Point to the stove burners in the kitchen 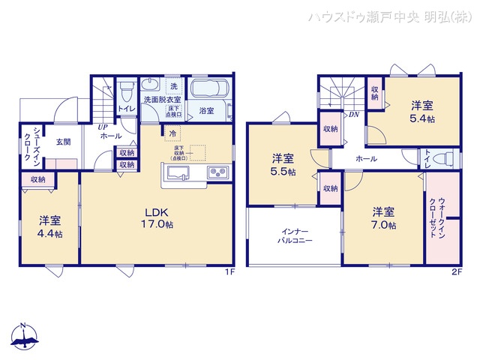218,172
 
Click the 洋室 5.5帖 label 283,165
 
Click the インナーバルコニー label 294,235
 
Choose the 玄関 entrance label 61,142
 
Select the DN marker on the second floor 353,115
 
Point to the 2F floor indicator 454,271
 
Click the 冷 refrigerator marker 172,134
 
